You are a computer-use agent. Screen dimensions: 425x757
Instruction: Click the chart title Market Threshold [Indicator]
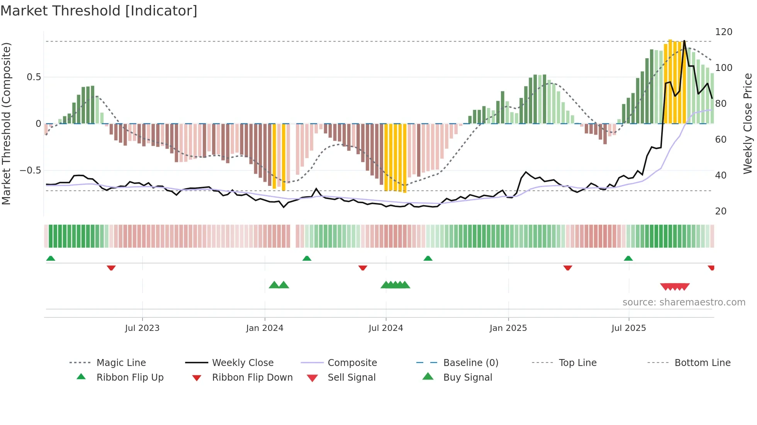99,11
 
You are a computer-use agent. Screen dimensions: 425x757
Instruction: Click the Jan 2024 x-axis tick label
265,328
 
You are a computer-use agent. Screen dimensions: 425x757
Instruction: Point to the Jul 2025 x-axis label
628,328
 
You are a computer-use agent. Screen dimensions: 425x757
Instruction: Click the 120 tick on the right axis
723,32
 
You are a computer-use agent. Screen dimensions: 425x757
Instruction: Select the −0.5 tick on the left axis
31,170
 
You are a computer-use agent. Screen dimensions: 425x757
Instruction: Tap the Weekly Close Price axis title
748,123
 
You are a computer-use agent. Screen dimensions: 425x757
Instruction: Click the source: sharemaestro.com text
684,302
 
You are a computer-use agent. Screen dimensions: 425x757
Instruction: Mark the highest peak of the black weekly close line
684,41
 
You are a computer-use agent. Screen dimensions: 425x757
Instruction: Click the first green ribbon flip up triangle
51,258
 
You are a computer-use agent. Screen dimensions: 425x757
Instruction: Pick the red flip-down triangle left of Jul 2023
111,268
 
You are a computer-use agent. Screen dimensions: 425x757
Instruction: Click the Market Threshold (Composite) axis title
6,123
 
